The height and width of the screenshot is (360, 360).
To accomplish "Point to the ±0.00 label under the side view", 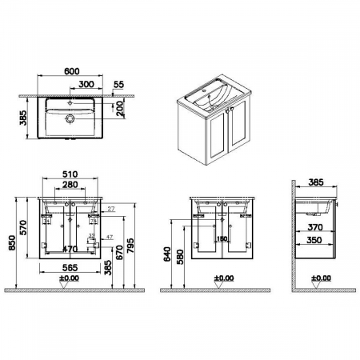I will coord(320,278).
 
